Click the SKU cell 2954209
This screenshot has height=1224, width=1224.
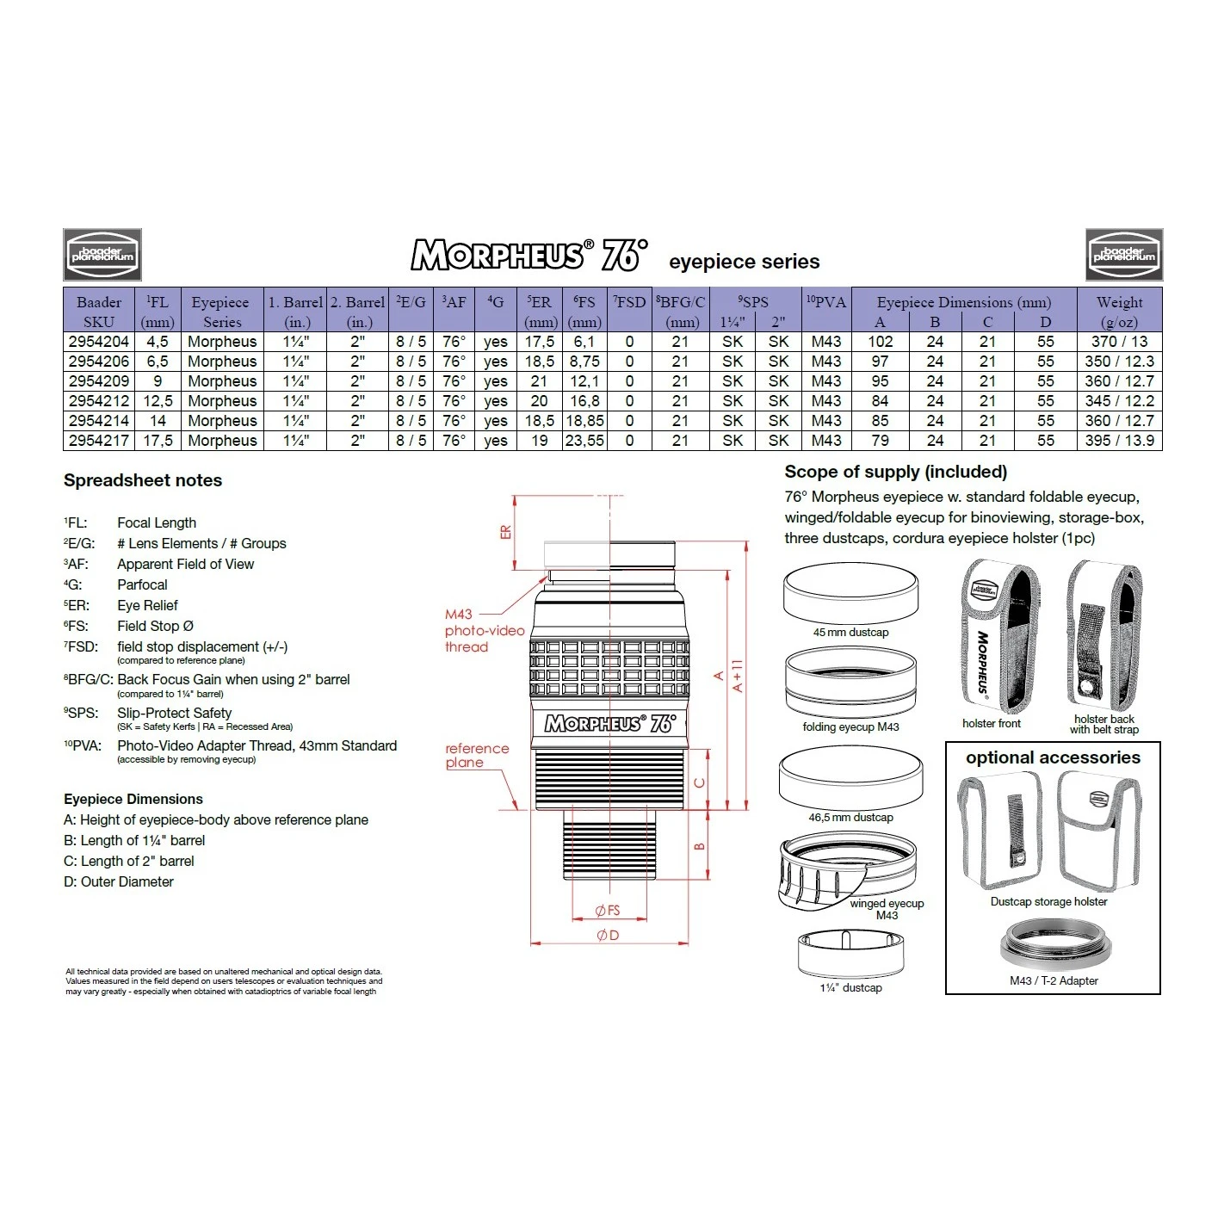click(98, 381)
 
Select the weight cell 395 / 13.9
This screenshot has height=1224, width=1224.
click(1119, 441)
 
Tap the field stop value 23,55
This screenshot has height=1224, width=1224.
click(584, 441)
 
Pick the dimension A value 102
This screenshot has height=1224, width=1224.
click(880, 342)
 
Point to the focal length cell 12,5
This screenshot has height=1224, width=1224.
click(158, 401)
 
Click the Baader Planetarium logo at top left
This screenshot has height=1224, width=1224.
click(102, 255)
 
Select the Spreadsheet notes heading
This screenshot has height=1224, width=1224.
click(143, 480)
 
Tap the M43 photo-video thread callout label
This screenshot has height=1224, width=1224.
click(484, 631)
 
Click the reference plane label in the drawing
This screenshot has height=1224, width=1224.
click(477, 755)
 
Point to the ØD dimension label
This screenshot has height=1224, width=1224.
click(608, 935)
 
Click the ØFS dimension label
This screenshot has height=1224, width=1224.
click(608, 911)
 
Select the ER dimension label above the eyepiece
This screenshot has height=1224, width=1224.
click(505, 532)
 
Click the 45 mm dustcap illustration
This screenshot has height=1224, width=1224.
click(850, 594)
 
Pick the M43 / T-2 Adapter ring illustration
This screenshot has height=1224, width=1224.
click(1053, 946)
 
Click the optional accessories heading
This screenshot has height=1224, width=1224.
click(1053, 757)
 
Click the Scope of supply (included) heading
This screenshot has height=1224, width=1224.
click(895, 472)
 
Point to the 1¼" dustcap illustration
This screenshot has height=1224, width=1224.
click(850, 953)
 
